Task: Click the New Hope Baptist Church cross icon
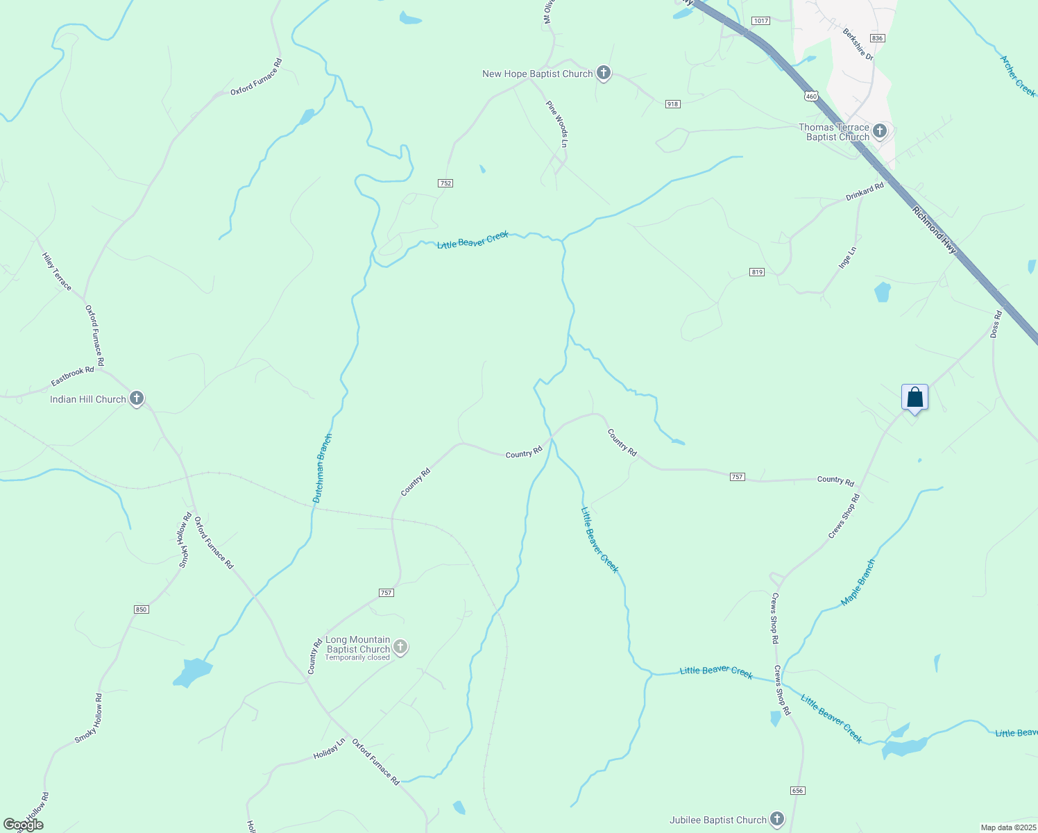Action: [x=604, y=73]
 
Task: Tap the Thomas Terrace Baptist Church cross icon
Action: [x=880, y=131]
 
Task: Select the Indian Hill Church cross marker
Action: [x=137, y=398]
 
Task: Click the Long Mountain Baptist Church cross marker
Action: [x=400, y=647]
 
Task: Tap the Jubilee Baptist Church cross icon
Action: [x=777, y=819]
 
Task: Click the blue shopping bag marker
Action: [x=914, y=398]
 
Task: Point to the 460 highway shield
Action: [x=812, y=96]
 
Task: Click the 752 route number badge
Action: [x=445, y=183]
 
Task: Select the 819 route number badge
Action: [x=757, y=272]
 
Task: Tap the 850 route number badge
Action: [x=141, y=609]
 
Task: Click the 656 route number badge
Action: [x=797, y=791]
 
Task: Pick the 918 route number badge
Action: [x=672, y=104]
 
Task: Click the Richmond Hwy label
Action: [x=935, y=233]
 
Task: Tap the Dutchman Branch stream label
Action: [x=322, y=469]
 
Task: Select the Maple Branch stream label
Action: [x=858, y=582]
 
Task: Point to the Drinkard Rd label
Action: [x=865, y=192]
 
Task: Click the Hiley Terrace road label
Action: [x=57, y=271]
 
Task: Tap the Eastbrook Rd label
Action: [x=72, y=377]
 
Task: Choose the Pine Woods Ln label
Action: [x=556, y=124]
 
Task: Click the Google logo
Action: [x=24, y=824]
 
